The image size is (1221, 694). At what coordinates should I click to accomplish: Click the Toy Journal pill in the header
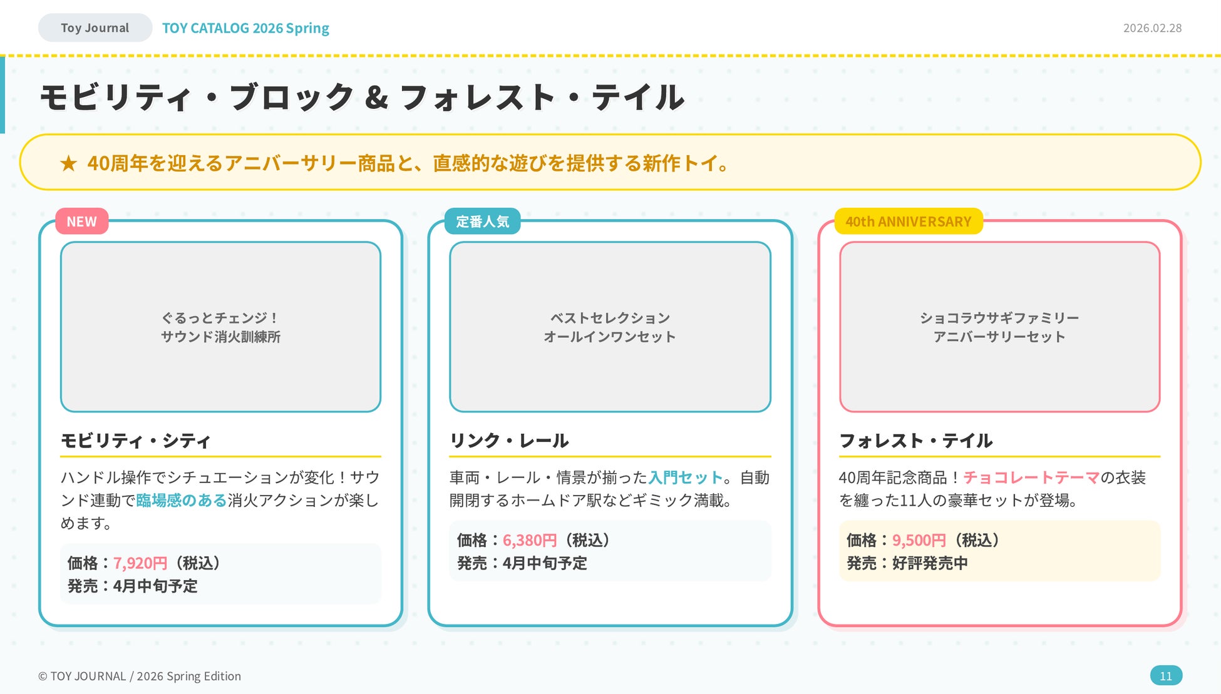click(x=95, y=28)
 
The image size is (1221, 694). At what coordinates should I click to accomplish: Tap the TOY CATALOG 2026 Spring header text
click(x=245, y=28)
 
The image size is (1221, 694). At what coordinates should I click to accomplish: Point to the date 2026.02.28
click(x=1152, y=28)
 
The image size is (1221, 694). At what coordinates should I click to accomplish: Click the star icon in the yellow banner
click(x=68, y=164)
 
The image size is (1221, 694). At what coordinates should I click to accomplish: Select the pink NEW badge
click(x=81, y=222)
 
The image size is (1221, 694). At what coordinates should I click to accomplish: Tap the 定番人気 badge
click(x=482, y=222)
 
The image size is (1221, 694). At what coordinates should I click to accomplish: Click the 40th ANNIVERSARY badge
click(x=908, y=222)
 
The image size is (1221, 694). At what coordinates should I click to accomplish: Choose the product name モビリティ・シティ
click(x=135, y=441)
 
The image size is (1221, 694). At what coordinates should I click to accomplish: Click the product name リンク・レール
click(x=509, y=441)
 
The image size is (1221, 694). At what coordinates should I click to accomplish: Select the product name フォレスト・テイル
click(x=915, y=441)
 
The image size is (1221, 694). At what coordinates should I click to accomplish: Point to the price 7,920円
click(x=140, y=563)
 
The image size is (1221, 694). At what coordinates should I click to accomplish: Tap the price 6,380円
click(x=530, y=540)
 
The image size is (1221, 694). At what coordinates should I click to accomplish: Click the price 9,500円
click(x=919, y=540)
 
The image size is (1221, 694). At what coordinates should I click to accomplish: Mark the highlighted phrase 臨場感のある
click(x=181, y=501)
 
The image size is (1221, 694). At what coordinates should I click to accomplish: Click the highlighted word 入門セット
click(x=686, y=478)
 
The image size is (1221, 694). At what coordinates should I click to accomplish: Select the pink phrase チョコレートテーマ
click(x=1031, y=478)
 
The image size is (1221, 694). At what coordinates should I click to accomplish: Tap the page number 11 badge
click(x=1166, y=676)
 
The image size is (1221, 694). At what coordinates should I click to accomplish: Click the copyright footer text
click(x=140, y=676)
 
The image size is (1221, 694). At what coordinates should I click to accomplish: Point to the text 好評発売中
click(x=930, y=563)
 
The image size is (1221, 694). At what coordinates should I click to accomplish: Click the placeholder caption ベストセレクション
click(x=610, y=318)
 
